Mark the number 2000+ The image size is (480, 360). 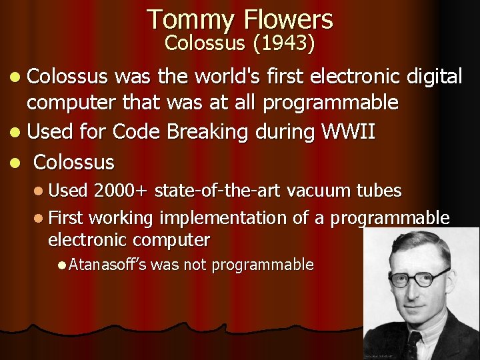[121, 191]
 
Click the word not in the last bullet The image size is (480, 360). [195, 265]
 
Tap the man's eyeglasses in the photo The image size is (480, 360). [413, 277]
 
